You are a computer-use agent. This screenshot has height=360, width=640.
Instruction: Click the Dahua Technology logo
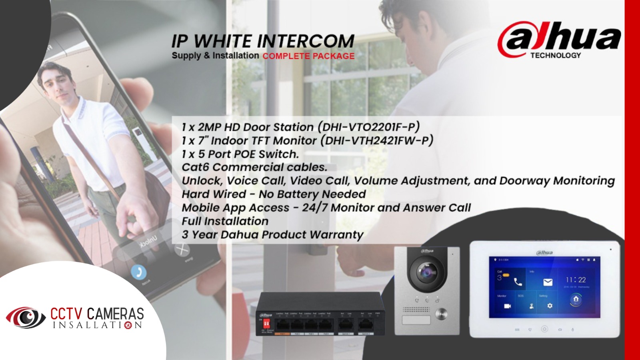(558, 40)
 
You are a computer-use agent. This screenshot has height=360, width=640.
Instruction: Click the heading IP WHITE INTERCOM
(263, 41)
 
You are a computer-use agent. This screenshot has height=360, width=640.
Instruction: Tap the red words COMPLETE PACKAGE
(308, 56)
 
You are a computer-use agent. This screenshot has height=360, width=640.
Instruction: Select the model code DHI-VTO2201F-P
(369, 127)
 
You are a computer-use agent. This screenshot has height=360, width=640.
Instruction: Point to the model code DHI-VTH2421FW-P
(379, 140)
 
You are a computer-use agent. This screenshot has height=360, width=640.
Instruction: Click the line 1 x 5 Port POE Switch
(240, 154)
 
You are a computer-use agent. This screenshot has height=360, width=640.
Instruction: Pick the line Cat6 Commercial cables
(254, 167)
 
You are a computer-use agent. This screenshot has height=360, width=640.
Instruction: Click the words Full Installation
(225, 221)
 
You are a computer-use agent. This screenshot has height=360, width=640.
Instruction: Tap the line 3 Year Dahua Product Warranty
(272, 234)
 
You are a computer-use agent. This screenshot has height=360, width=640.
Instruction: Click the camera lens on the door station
(427, 273)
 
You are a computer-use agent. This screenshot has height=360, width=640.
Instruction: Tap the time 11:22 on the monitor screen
(576, 280)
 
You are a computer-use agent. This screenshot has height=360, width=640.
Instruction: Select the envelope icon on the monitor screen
(548, 282)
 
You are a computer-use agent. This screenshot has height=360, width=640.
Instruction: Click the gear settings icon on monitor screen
(550, 306)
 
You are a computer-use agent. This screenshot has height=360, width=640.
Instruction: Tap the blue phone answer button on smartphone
(138, 272)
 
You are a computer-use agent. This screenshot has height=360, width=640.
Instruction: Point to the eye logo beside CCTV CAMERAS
(26, 318)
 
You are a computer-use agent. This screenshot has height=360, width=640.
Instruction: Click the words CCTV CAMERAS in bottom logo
(97, 313)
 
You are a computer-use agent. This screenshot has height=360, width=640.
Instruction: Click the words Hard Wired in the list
(214, 194)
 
